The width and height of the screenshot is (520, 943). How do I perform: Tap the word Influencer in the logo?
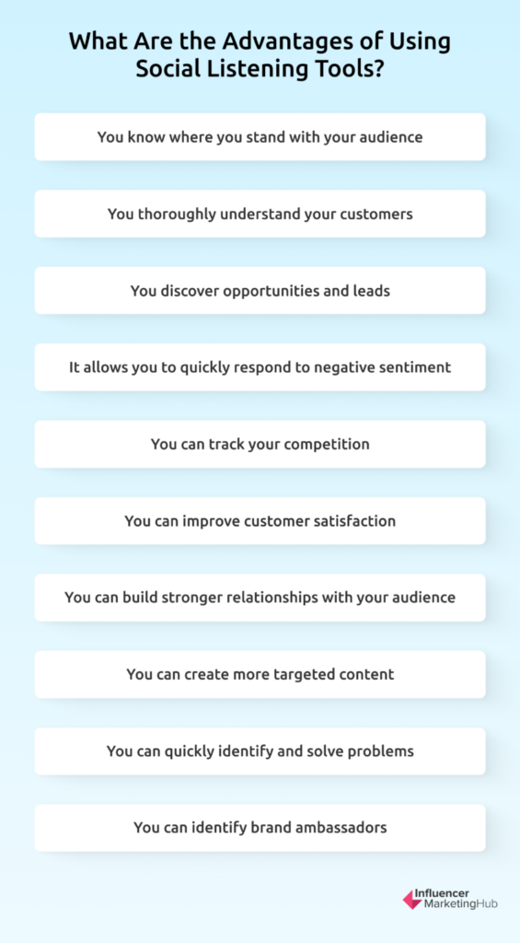(x=446, y=893)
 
